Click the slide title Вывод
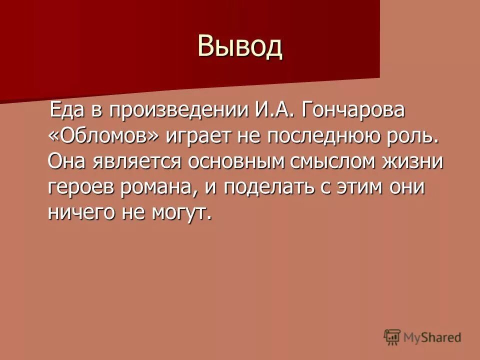pos(240,46)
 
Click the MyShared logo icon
pos(392,337)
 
